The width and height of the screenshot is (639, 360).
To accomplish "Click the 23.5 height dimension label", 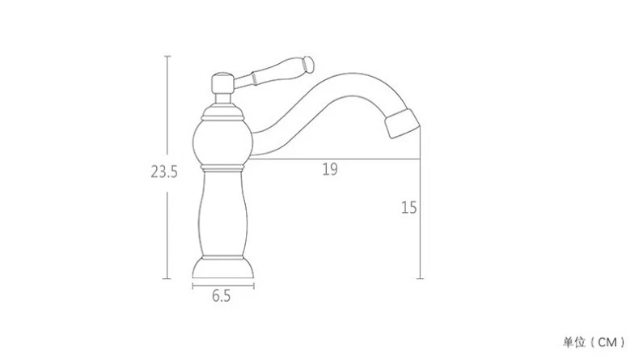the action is click(164, 172).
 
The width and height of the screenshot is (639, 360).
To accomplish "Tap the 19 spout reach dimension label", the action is click(330, 169).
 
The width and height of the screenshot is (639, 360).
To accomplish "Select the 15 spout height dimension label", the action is click(409, 208).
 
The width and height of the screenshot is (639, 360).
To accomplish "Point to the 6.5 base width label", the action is click(222, 295).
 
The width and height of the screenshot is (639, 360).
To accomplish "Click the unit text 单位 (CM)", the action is click(594, 342).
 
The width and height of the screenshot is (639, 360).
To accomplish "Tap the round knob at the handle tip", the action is click(309, 65).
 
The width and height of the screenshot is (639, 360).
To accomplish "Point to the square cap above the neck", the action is click(222, 83).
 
